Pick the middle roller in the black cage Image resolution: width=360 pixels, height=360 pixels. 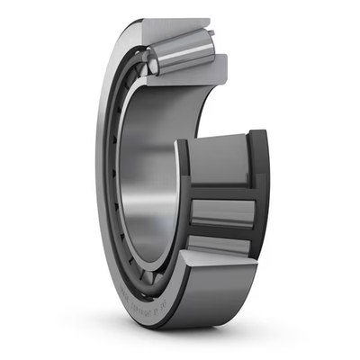pyautogui.click(x=220, y=212)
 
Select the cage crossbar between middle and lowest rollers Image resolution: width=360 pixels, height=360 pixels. pyautogui.click(x=220, y=233)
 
